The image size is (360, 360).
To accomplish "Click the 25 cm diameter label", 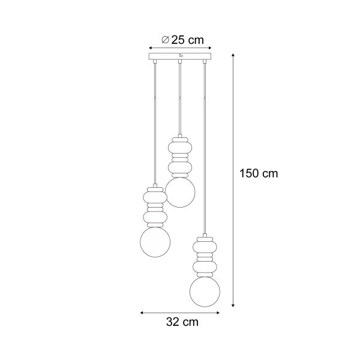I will [183, 40].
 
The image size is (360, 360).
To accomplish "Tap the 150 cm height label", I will [259, 173].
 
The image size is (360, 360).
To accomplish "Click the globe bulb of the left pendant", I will [155, 241].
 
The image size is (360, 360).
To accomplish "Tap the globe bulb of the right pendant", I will [205, 290].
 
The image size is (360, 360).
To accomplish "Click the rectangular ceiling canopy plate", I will [179, 58].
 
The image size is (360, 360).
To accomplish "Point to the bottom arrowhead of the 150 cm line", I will [233, 304].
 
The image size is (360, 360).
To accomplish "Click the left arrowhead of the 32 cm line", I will [142, 312].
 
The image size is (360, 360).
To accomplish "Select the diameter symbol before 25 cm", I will [165, 40].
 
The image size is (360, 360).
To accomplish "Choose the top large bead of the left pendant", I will [155, 196].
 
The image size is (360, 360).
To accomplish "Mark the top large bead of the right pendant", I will [205, 246].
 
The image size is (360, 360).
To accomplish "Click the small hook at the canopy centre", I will [179, 58].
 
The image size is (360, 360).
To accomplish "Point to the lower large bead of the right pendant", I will [205, 266].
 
